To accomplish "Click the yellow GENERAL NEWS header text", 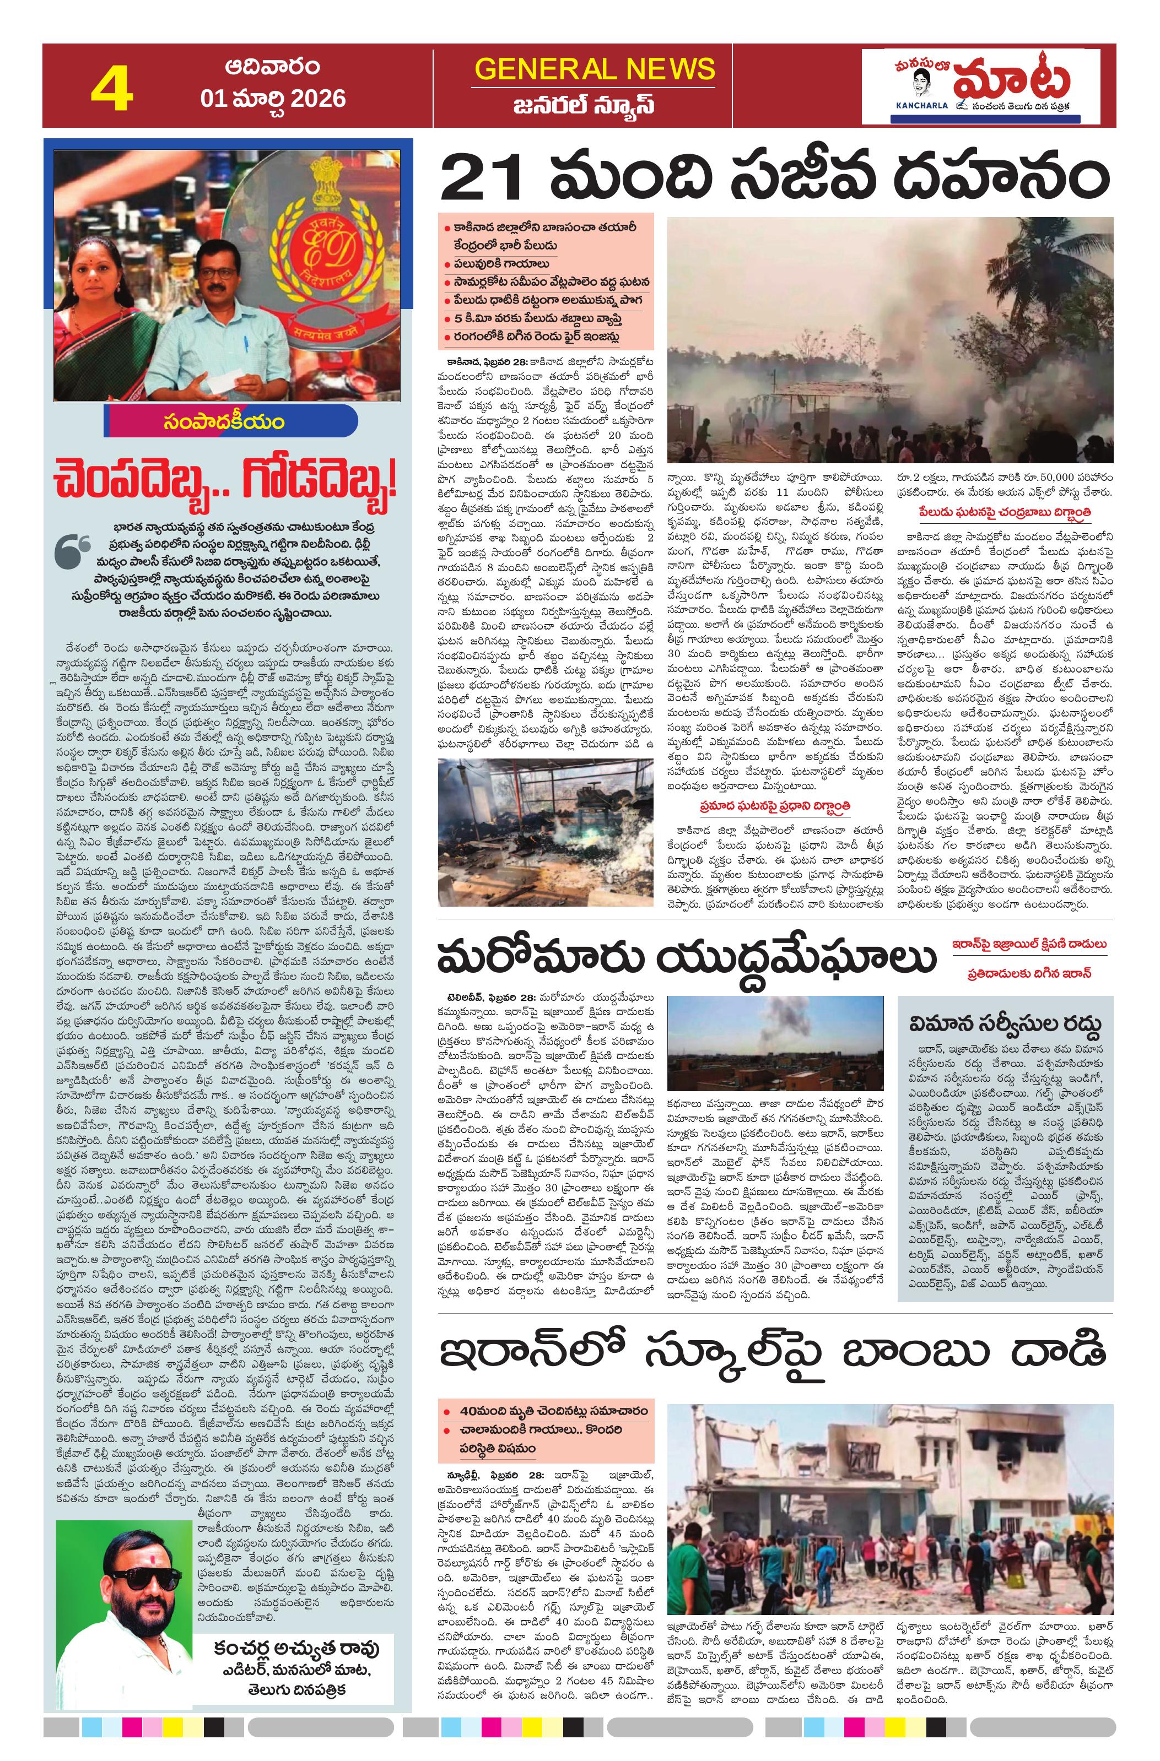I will [595, 69].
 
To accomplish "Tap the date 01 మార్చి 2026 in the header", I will [273, 99].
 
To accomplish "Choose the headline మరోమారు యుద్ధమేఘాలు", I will [686, 959].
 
